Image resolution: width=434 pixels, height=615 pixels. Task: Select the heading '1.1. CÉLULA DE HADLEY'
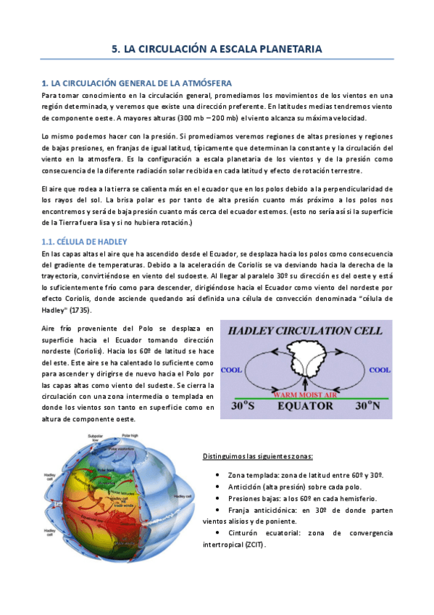point(84,241)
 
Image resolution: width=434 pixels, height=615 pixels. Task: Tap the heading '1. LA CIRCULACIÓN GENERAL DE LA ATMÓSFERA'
point(137,83)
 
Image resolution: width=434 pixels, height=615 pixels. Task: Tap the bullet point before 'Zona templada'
point(218,474)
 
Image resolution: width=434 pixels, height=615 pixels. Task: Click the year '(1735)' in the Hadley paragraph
point(72,309)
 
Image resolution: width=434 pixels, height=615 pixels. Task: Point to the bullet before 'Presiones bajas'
point(218,498)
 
